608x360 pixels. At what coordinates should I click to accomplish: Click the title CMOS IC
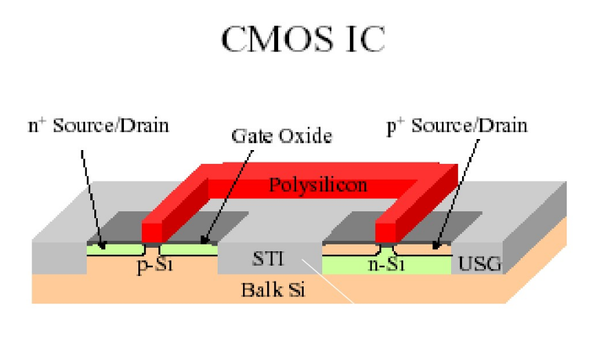pos(302,40)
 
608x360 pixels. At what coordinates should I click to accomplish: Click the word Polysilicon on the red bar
pos(317,184)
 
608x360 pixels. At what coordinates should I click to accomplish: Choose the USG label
pos(474,262)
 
